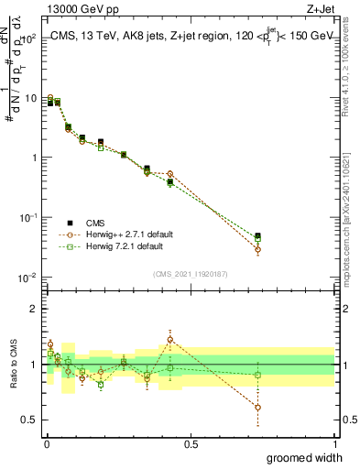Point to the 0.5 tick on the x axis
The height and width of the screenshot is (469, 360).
click(191, 444)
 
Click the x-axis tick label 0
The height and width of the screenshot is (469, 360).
click(47, 444)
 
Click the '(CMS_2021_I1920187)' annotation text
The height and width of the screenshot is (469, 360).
click(191, 272)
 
